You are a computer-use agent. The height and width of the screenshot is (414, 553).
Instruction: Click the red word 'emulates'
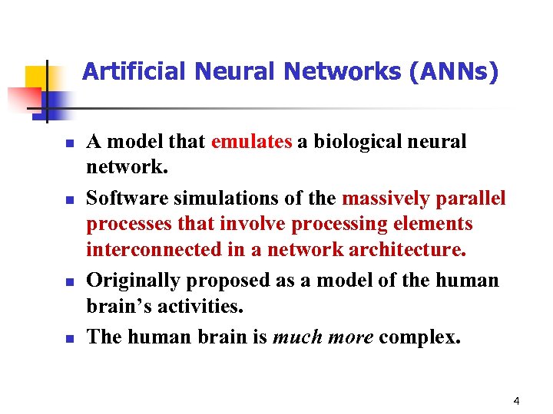tap(251, 142)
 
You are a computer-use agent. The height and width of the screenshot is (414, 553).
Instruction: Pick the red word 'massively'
tap(386, 199)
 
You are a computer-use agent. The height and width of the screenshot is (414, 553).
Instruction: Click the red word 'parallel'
tap(471, 199)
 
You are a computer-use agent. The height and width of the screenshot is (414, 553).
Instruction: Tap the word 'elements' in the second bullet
tap(434, 224)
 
